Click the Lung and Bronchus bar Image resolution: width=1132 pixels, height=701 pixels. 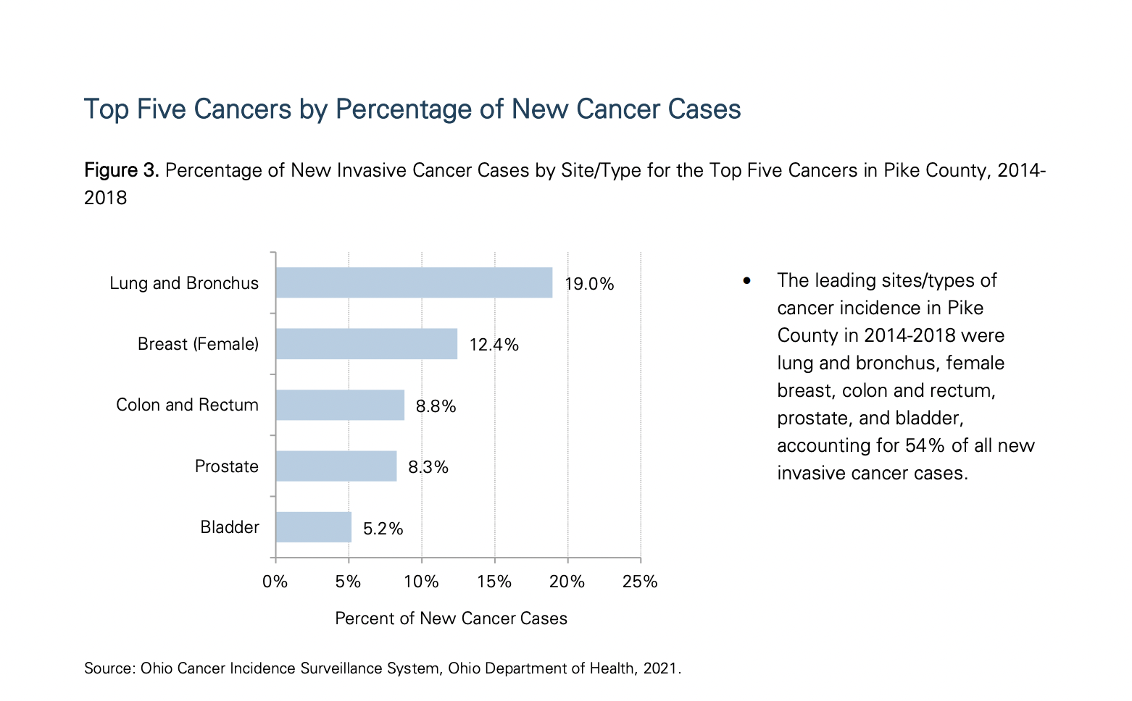click(414, 282)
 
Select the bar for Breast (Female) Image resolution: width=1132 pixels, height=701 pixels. click(366, 344)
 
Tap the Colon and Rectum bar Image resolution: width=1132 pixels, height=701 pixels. click(339, 405)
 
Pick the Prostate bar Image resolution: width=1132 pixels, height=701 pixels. click(336, 466)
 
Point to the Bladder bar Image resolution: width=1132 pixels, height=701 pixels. click(313, 527)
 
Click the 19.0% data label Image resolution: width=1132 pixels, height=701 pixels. click(589, 284)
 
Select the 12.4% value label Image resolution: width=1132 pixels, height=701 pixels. click(494, 345)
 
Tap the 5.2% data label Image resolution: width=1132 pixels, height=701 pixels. click(383, 529)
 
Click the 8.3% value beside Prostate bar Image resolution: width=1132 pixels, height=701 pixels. click(428, 467)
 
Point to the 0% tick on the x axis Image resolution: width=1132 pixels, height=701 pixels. click(275, 582)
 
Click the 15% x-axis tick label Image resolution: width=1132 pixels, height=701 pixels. click(494, 582)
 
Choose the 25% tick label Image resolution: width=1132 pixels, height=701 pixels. click(640, 582)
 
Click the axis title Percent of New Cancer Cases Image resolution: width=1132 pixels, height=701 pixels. click(451, 618)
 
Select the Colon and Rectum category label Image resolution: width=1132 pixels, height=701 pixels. click(187, 405)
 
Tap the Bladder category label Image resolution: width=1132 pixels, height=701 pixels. click(229, 527)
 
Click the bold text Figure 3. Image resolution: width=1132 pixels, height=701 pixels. click(121, 170)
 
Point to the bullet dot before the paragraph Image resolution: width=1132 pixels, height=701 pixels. click(747, 281)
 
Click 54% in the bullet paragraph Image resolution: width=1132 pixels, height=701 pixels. click(924, 445)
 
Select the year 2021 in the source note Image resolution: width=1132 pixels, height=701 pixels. click(660, 668)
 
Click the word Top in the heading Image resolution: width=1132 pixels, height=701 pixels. click(107, 109)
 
